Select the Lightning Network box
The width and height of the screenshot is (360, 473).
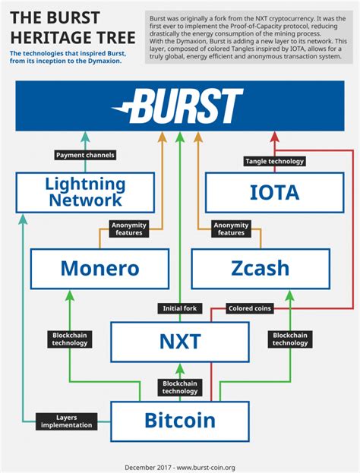tap(85, 192)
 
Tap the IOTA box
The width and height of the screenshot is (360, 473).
tap(274, 192)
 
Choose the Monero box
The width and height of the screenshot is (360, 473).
tap(99, 268)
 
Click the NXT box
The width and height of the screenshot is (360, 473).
tap(180, 342)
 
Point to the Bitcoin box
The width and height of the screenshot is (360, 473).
tap(180, 420)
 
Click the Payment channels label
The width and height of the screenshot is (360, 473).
tap(85, 156)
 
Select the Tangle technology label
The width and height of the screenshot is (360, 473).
tap(274, 161)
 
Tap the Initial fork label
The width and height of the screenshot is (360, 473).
tap(180, 308)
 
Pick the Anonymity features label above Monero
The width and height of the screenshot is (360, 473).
tap(128, 229)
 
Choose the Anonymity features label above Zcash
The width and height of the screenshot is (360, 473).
tap(231, 229)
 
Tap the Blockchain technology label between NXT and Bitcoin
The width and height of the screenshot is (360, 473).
tap(180, 387)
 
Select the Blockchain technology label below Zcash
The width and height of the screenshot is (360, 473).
tap(290, 339)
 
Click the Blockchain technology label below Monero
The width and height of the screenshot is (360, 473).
tap(70, 339)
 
